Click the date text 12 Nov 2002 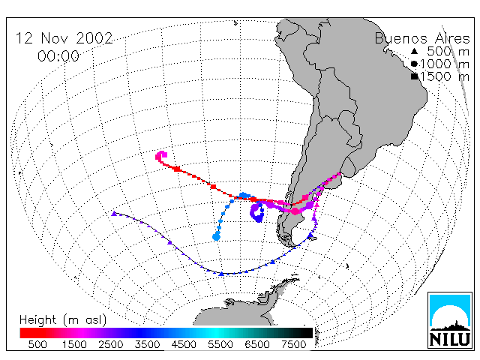[64, 38]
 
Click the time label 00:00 [58, 56]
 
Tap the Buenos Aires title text [422, 38]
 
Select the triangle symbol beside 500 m [414, 51]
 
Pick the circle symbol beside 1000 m [414, 64]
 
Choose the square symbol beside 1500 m [415, 76]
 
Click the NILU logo [450, 320]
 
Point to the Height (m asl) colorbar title [63, 320]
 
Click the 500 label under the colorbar [37, 344]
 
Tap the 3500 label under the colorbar [147, 344]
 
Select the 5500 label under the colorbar [220, 344]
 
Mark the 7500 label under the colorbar [293, 344]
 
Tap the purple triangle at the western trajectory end [114, 213]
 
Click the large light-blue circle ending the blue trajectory [216, 237]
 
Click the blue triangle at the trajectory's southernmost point [221, 273]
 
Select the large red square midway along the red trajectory [213, 187]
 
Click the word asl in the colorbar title [94, 320]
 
